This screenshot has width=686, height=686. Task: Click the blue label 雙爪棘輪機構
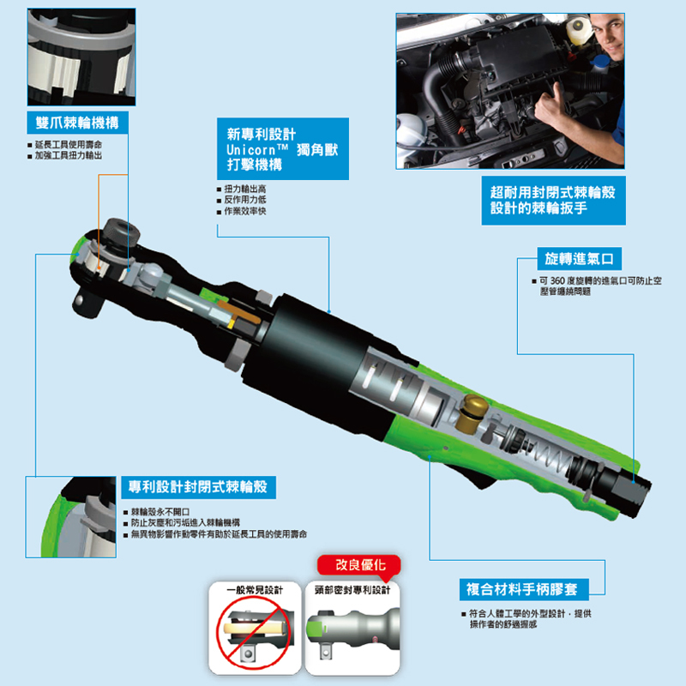click(77, 123)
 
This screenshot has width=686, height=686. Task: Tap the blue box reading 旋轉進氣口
click(579, 259)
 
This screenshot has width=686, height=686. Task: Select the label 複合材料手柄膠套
click(524, 589)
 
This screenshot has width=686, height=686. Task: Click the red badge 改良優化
click(359, 565)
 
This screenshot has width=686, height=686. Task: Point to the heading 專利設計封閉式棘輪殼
click(198, 487)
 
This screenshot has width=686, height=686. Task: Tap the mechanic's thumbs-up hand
click(552, 105)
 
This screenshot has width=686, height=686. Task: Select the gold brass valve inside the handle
click(471, 412)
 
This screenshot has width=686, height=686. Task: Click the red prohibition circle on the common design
click(255, 631)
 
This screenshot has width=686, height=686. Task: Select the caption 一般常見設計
click(255, 590)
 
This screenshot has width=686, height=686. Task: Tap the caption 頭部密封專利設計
click(352, 590)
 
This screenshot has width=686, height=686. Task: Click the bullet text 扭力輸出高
click(245, 189)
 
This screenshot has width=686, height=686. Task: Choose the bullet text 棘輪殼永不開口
click(160, 512)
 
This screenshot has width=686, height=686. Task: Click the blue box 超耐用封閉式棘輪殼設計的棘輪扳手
click(553, 201)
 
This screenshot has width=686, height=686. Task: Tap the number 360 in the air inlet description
click(557, 281)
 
